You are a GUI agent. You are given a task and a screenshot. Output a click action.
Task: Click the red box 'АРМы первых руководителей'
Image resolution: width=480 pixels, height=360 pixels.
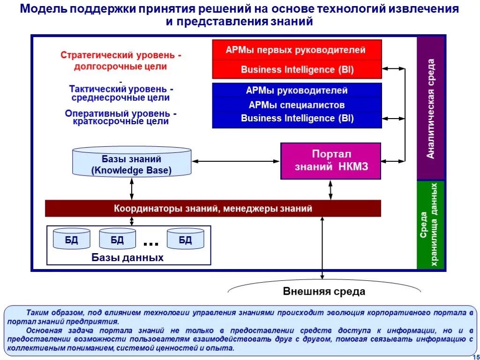point(297,50)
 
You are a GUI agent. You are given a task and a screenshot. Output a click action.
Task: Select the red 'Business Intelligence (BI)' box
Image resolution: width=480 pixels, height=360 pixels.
point(297,70)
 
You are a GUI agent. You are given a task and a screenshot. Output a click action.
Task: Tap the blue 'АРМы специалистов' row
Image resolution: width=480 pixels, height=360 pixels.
point(297,105)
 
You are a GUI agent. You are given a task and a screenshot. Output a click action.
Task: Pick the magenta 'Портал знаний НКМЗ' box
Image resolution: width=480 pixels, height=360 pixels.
point(331,161)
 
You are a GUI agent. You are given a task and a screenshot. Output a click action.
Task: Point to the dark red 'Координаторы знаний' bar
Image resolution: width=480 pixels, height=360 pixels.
point(213,208)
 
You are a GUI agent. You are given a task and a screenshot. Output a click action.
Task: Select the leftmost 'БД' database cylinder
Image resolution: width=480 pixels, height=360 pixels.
point(72,240)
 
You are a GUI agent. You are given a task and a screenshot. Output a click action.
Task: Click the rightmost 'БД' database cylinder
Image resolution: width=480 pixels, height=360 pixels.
point(186,240)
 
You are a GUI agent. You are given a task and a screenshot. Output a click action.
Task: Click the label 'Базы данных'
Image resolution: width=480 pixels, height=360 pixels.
point(127,258)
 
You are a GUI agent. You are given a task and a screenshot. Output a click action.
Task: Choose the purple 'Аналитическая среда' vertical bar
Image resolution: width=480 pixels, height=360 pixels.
point(431,108)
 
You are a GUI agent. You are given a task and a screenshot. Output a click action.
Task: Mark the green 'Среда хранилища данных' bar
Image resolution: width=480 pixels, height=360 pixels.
point(431,225)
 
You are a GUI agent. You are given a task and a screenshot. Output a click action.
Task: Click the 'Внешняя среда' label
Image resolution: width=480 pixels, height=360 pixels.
point(324,292)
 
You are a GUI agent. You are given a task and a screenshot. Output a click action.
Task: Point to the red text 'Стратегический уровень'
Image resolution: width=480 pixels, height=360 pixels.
point(121,55)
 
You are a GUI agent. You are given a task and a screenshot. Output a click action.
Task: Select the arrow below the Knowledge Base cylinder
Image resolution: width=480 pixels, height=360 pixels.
point(132,188)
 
